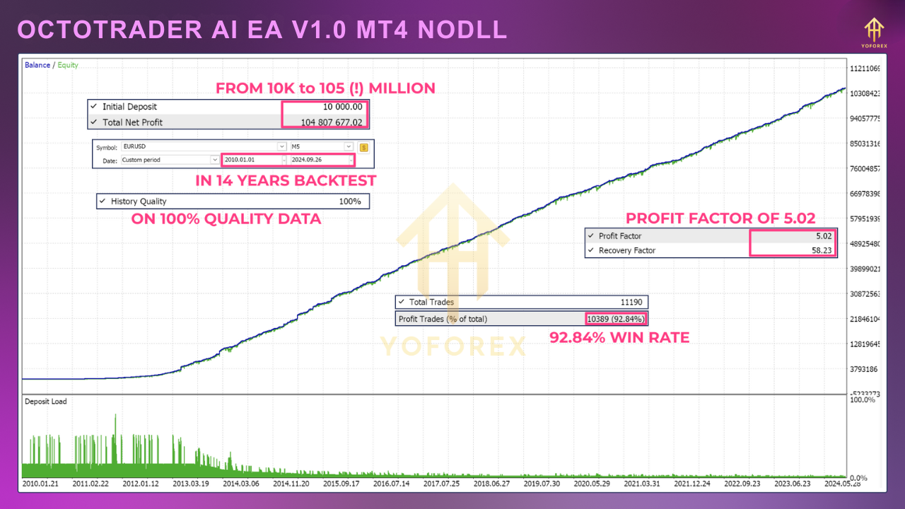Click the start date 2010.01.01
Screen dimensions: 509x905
[251, 160]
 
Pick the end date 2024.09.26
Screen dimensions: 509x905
[318, 160]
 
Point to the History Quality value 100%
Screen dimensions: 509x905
[349, 201]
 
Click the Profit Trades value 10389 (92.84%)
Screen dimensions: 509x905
[616, 319]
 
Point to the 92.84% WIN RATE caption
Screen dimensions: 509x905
[619, 338]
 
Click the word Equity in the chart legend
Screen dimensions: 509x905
[68, 65]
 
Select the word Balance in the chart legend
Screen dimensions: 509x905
[37, 65]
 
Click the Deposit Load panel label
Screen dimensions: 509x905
[46, 402]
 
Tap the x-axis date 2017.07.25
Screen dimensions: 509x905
[441, 484]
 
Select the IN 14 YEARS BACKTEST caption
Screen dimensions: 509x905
[286, 181]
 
